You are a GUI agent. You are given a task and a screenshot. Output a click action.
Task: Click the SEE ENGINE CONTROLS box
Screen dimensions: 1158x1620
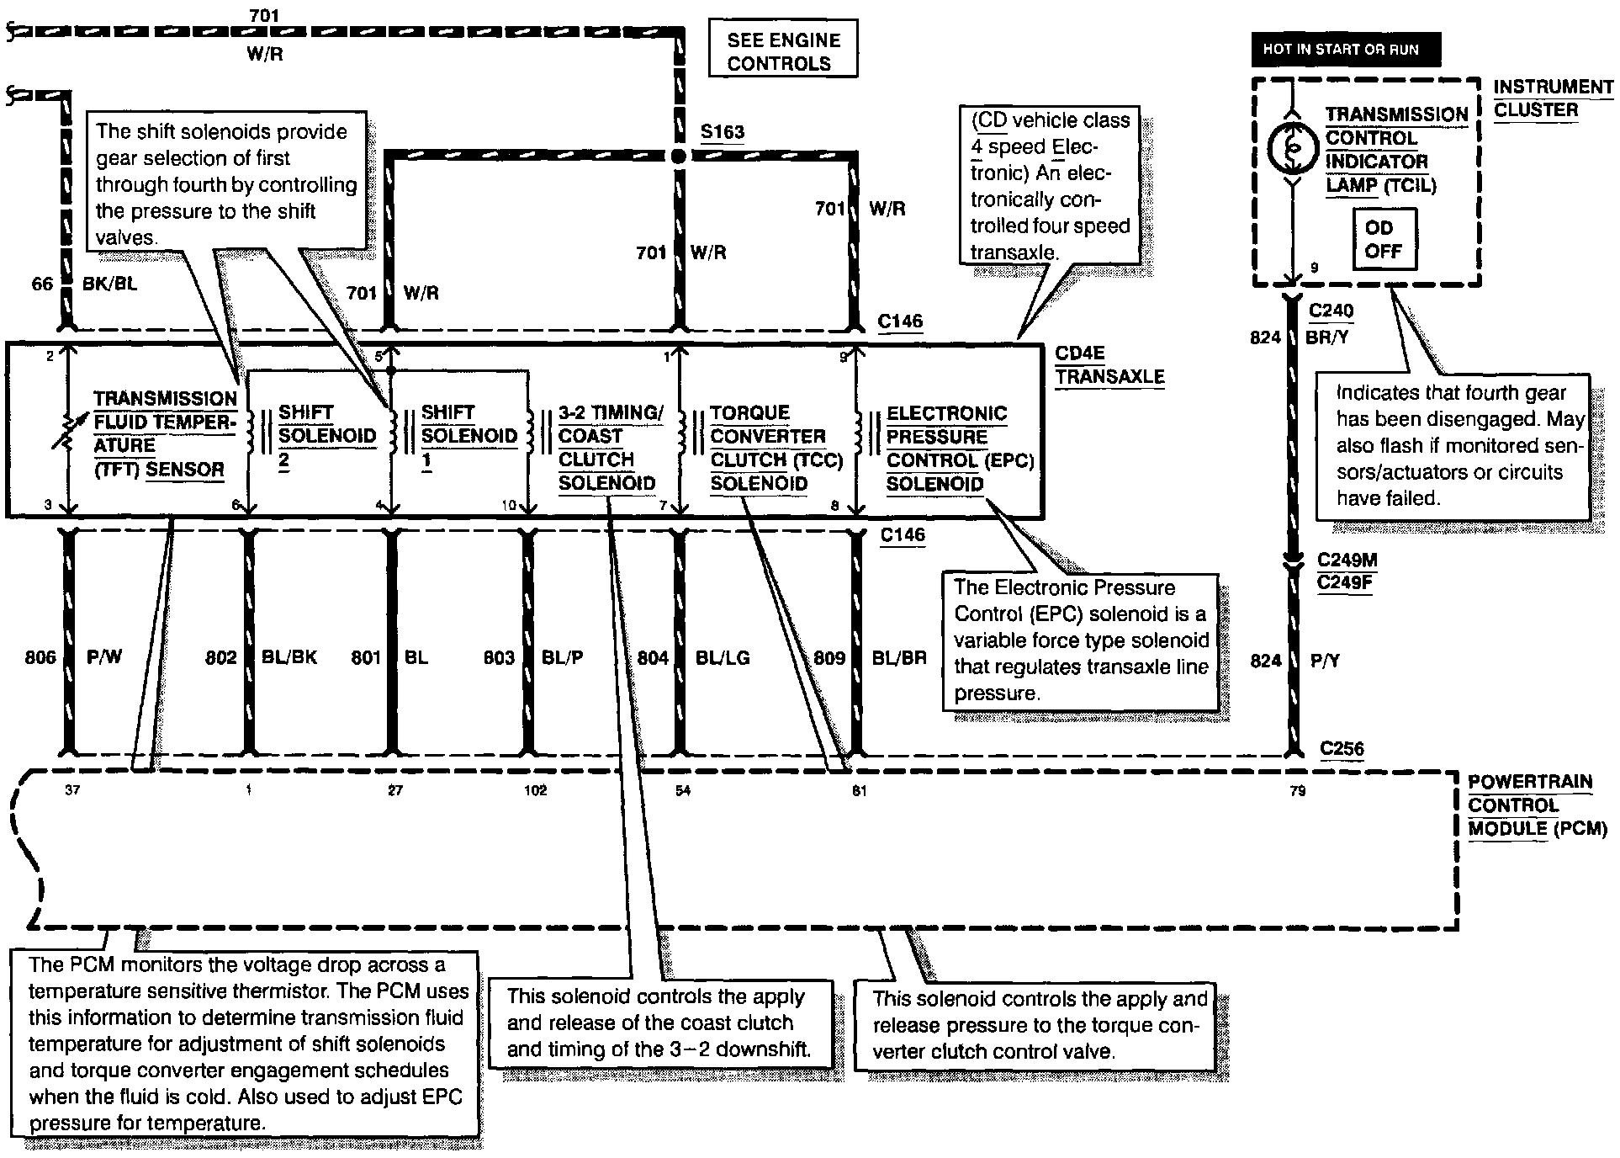click(x=783, y=51)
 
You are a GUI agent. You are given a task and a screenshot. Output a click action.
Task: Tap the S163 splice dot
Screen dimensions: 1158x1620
click(x=680, y=156)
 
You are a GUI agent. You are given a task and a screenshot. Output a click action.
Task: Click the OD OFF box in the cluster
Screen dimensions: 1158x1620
click(x=1384, y=240)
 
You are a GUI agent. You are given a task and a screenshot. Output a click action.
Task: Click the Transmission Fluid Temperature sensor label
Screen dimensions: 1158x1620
click(x=163, y=434)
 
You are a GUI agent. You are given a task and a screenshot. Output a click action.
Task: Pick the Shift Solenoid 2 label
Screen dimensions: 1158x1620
click(x=326, y=436)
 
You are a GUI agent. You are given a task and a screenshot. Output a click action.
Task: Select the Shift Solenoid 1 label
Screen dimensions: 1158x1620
click(x=469, y=436)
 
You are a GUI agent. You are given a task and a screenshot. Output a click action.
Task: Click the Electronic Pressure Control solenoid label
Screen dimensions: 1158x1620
click(x=959, y=448)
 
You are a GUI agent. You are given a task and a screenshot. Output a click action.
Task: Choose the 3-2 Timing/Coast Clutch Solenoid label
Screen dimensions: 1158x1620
click(x=610, y=448)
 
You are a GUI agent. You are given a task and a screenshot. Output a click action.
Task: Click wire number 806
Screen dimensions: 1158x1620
click(x=40, y=657)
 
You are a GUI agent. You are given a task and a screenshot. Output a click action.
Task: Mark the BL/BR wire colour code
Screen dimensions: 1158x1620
click(x=898, y=657)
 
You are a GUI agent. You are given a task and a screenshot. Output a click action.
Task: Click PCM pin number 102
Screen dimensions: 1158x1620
click(x=535, y=790)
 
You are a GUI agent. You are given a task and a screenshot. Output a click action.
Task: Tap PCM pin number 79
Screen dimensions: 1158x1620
click(x=1298, y=790)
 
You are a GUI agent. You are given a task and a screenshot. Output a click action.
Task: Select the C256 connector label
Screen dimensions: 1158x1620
click(x=1342, y=748)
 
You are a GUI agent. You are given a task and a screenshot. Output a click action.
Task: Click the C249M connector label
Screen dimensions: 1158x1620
click(x=1347, y=560)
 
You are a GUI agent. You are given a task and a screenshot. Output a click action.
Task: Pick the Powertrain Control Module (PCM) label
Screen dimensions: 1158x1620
click(x=1536, y=805)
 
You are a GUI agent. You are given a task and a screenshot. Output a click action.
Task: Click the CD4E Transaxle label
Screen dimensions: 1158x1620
click(x=1109, y=365)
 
